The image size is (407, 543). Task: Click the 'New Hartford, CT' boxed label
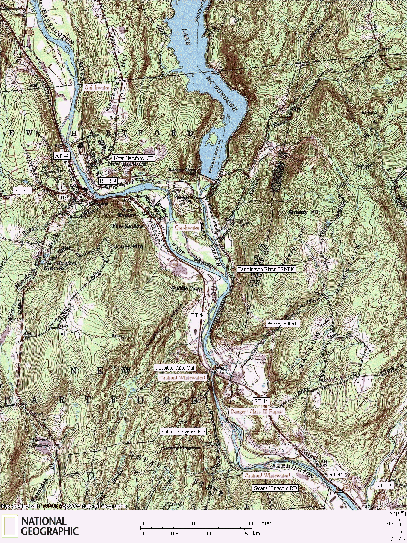[134, 158]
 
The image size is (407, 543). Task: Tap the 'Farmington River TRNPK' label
[266, 269]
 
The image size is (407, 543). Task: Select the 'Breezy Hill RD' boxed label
[282, 324]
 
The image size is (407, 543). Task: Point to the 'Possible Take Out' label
[175, 368]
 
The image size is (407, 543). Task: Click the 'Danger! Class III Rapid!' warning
[257, 411]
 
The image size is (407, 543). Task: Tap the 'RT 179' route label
[384, 485]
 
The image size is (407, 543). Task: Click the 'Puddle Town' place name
[187, 289]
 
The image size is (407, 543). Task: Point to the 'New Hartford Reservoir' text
[60, 266]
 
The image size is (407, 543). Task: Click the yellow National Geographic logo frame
[9, 526]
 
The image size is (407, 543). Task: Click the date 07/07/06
[395, 539]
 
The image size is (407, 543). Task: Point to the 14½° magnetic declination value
[390, 523]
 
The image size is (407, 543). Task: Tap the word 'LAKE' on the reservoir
[186, 37]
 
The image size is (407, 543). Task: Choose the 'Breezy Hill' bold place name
[304, 213]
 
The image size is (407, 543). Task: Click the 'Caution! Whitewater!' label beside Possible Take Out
[182, 377]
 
